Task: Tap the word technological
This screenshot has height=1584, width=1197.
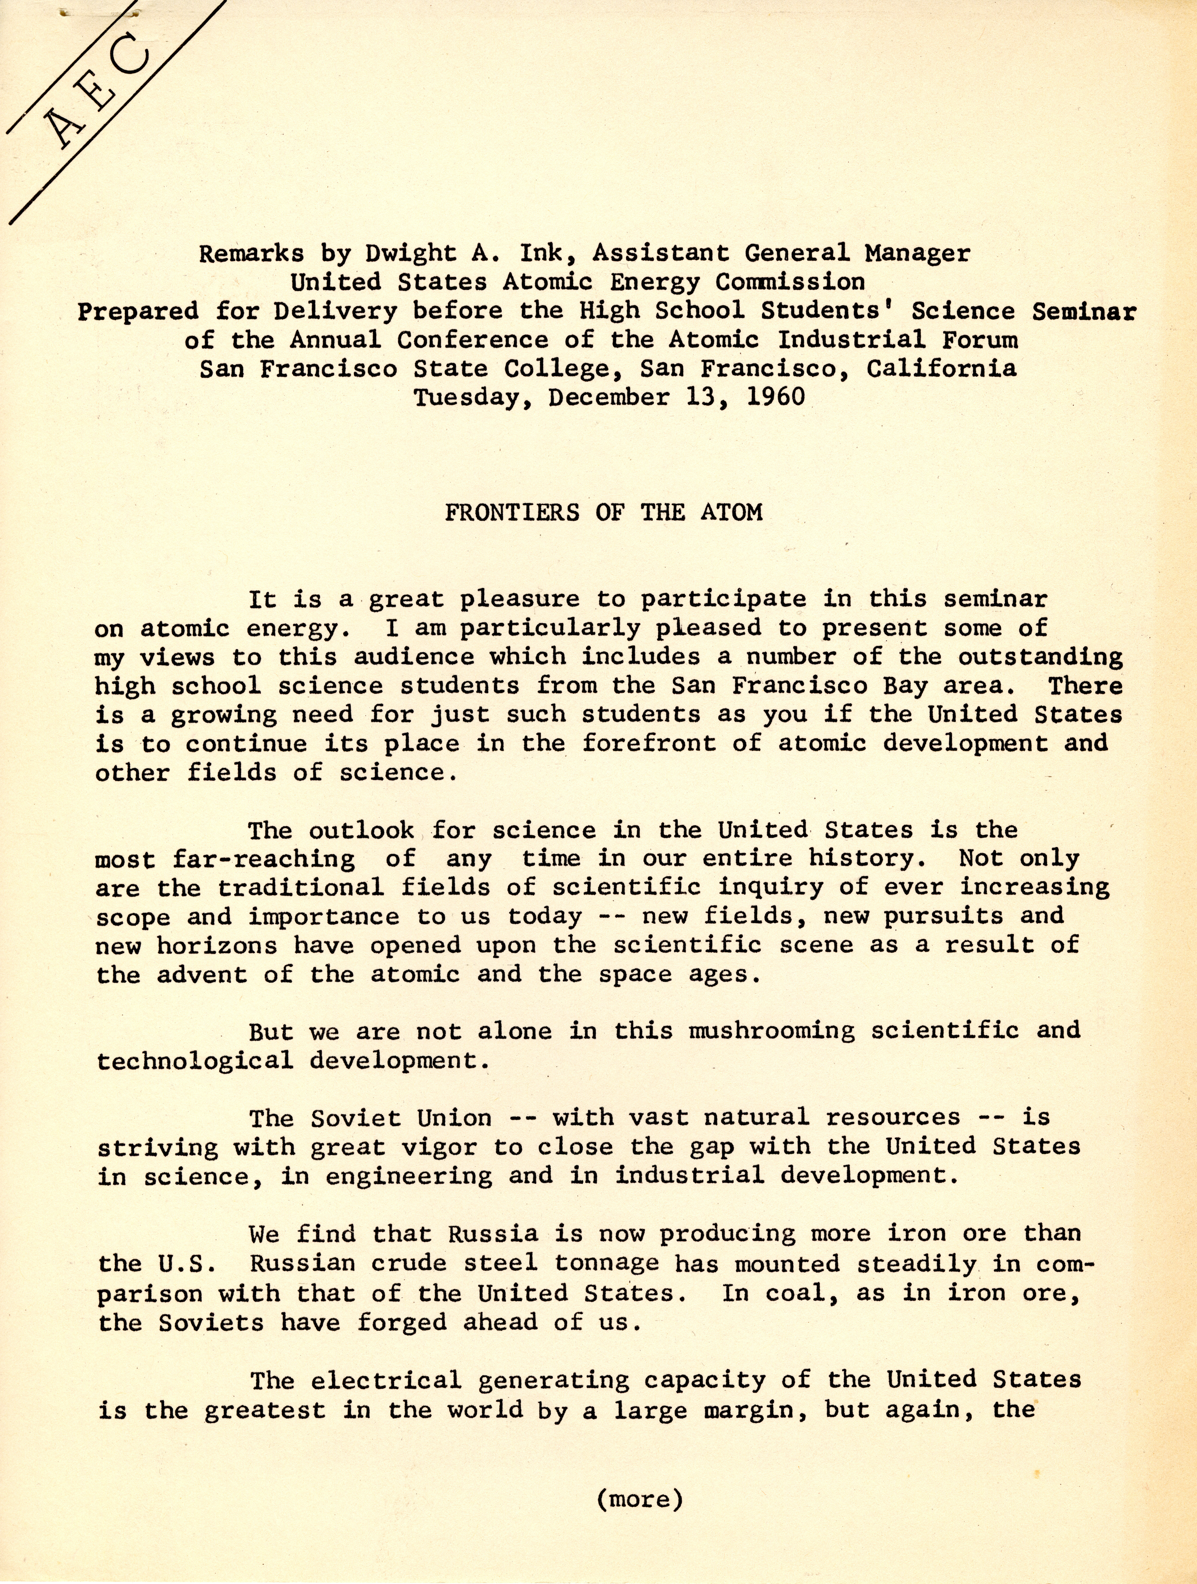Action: [x=195, y=1061]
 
